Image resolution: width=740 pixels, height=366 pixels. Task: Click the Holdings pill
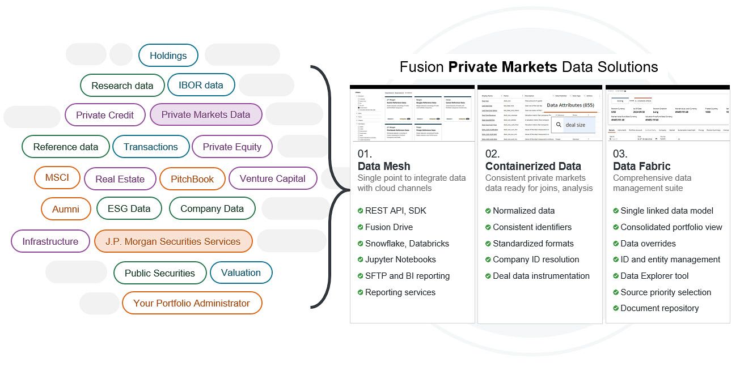(168, 56)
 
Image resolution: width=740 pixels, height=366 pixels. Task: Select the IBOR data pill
(201, 85)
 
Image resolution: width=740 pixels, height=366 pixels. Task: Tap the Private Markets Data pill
(206, 114)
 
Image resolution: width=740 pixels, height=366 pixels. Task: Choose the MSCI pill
(57, 178)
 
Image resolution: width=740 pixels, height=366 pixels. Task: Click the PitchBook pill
(192, 179)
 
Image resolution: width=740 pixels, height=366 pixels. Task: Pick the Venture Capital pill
(273, 178)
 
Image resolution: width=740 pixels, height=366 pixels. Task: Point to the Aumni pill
(66, 209)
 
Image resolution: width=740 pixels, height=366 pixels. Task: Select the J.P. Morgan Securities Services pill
(173, 241)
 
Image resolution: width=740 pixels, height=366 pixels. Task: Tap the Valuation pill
(241, 273)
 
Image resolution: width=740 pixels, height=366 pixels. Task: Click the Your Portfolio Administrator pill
(192, 303)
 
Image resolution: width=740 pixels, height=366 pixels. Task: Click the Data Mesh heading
(384, 166)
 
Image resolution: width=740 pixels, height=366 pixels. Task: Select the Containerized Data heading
(533, 166)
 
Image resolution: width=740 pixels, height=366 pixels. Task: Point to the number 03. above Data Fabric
(620, 154)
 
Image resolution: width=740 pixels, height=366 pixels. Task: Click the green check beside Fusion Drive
(361, 227)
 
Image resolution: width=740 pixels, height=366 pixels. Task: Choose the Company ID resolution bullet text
(536, 259)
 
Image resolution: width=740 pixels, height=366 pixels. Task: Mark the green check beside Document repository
(616, 308)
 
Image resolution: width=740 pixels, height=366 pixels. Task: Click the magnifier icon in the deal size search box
(559, 125)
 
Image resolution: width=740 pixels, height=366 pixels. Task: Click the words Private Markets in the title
(502, 67)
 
